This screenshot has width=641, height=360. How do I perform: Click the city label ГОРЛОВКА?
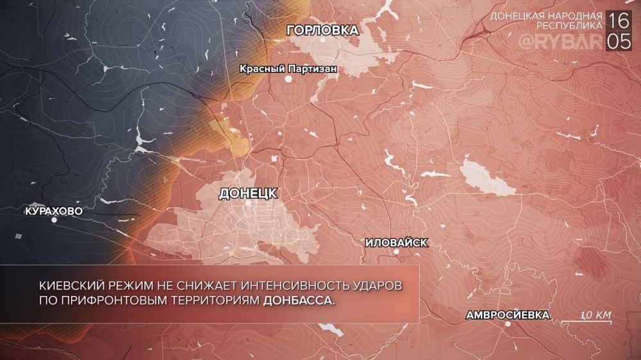tap(322, 29)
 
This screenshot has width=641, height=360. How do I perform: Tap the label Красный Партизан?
tap(288, 67)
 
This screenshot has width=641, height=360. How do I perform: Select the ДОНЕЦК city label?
tap(248, 192)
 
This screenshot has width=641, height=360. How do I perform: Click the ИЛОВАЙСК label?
tap(395, 243)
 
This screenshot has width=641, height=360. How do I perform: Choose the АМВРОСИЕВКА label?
tap(508, 315)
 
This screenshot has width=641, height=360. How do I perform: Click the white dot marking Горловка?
tap(323, 40)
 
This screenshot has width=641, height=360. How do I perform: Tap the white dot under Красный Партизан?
tap(288, 79)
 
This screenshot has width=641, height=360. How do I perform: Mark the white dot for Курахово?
tap(54, 220)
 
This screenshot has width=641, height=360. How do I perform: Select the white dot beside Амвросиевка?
tap(508, 324)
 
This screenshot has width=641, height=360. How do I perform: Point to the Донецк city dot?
tap(248, 203)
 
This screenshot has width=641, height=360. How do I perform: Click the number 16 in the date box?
tap(619, 20)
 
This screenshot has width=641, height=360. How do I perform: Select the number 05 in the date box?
tap(619, 42)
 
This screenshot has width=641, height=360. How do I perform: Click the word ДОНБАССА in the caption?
tap(299, 300)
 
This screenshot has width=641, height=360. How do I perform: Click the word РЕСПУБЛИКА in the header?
tap(569, 26)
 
